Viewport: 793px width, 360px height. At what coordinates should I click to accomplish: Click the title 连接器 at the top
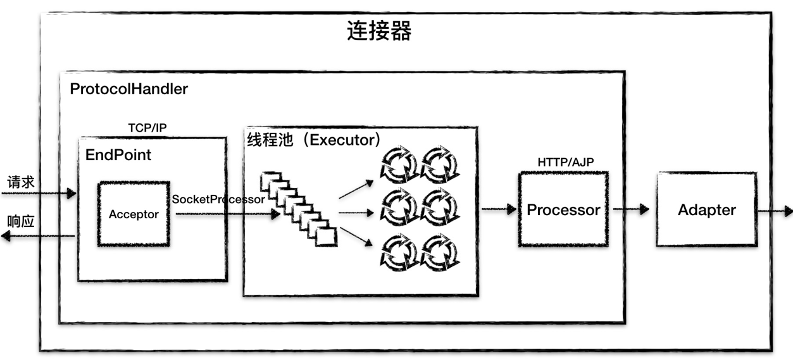(x=379, y=31)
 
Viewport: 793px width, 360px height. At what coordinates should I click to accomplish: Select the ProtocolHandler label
(x=128, y=89)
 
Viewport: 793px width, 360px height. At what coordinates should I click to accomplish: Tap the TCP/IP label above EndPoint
(x=147, y=127)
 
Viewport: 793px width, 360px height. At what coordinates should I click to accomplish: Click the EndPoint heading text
(x=118, y=154)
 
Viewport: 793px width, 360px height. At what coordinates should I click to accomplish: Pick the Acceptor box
(x=134, y=214)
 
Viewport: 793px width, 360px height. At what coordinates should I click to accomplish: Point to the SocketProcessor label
(x=218, y=199)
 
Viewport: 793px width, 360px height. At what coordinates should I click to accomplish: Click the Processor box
(x=563, y=209)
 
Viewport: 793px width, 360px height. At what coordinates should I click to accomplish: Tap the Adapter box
(x=706, y=210)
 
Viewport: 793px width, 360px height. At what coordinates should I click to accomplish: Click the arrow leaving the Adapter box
(x=775, y=210)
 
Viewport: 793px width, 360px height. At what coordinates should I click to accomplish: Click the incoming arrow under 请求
(x=38, y=193)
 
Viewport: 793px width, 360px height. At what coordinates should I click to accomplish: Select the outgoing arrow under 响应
(x=38, y=236)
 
